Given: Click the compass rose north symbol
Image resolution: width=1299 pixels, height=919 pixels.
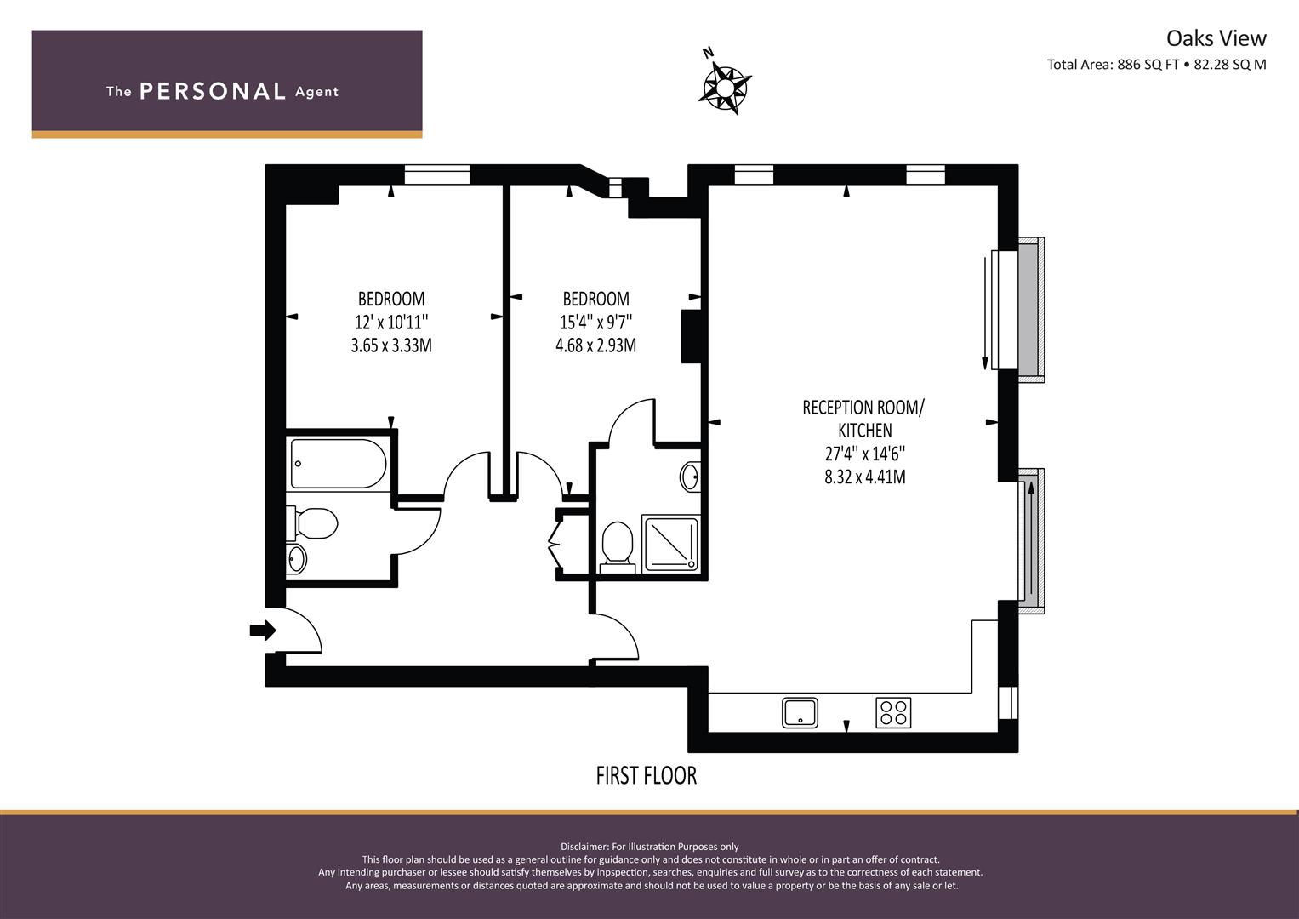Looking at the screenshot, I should (x=726, y=85).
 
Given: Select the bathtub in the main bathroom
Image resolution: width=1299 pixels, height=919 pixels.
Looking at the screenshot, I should (x=338, y=464).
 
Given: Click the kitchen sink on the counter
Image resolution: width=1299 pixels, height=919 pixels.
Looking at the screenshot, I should (x=800, y=712).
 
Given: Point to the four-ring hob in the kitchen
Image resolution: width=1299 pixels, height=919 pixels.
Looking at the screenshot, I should (x=893, y=712).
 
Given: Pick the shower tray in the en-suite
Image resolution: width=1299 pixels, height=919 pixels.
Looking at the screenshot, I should (x=669, y=542).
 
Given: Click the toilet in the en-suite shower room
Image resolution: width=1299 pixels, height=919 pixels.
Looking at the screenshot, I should (x=617, y=545).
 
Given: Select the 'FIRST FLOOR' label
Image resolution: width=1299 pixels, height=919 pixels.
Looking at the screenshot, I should (x=646, y=776).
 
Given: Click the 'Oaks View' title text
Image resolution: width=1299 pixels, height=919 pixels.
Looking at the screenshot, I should (x=1216, y=38).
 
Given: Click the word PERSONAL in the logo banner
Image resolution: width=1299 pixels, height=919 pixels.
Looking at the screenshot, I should (x=212, y=92).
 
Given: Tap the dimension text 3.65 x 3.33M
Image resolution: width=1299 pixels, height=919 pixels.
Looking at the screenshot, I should (x=391, y=345).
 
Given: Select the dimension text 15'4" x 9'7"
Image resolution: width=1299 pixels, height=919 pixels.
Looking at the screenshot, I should (x=595, y=323).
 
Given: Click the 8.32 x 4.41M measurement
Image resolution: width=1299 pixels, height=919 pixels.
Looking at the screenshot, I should (x=864, y=477).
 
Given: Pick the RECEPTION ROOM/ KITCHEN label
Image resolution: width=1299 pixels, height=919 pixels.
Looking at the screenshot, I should (x=863, y=419).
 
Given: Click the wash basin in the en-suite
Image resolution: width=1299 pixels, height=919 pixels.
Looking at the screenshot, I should (x=690, y=477).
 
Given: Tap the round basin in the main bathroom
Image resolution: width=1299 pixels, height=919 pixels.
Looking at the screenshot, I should (x=296, y=559).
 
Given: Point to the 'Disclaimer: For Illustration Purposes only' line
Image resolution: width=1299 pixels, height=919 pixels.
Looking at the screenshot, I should (x=650, y=847).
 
